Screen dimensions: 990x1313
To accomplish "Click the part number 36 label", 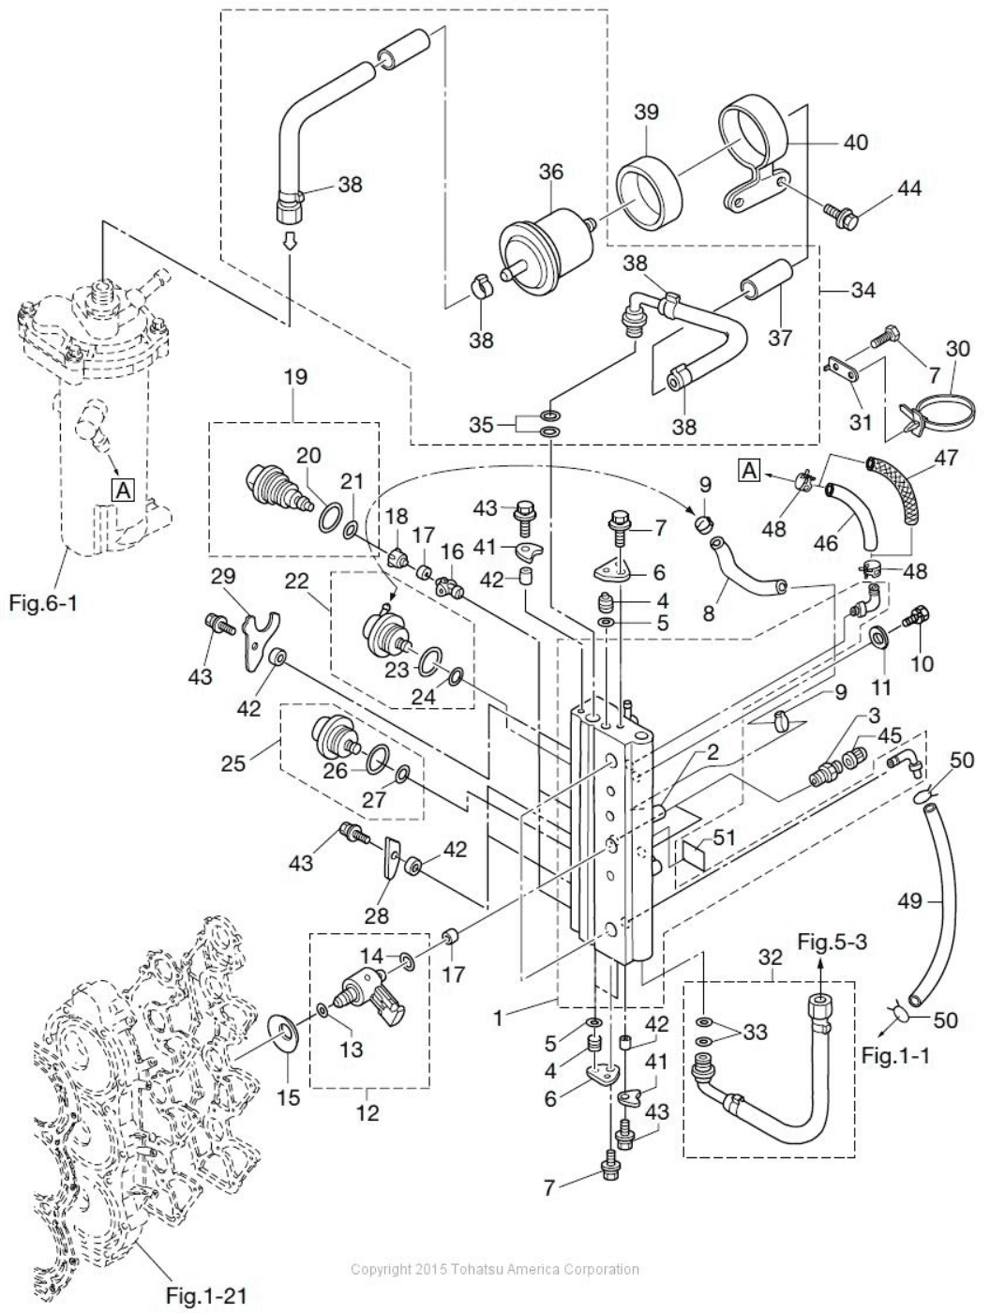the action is point(550,172).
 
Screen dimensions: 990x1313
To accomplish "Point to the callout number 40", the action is point(855,143).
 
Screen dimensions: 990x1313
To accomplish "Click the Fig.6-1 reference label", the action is point(43,602).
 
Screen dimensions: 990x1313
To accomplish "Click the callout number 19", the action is point(294,377).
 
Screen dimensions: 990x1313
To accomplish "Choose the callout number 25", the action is point(233,763).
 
